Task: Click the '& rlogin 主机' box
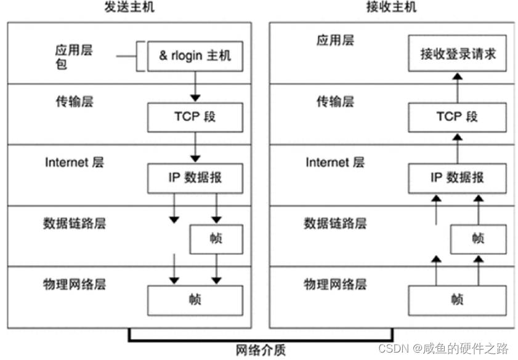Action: click(x=195, y=56)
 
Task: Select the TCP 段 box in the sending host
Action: click(x=195, y=116)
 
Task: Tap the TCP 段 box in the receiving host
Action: click(x=456, y=116)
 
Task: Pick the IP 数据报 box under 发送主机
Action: click(x=195, y=177)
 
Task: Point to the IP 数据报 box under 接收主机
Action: click(x=456, y=177)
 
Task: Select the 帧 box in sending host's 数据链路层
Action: click(x=216, y=238)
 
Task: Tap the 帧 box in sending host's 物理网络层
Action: click(x=195, y=300)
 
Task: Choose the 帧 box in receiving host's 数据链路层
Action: click(x=477, y=238)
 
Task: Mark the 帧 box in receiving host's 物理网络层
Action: click(x=456, y=300)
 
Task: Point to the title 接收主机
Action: click(x=395, y=8)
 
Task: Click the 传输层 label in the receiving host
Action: click(x=334, y=102)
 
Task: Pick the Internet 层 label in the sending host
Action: click(x=75, y=162)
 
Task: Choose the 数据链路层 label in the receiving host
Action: click(x=335, y=223)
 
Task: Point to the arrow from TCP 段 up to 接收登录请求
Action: click(x=456, y=86)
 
